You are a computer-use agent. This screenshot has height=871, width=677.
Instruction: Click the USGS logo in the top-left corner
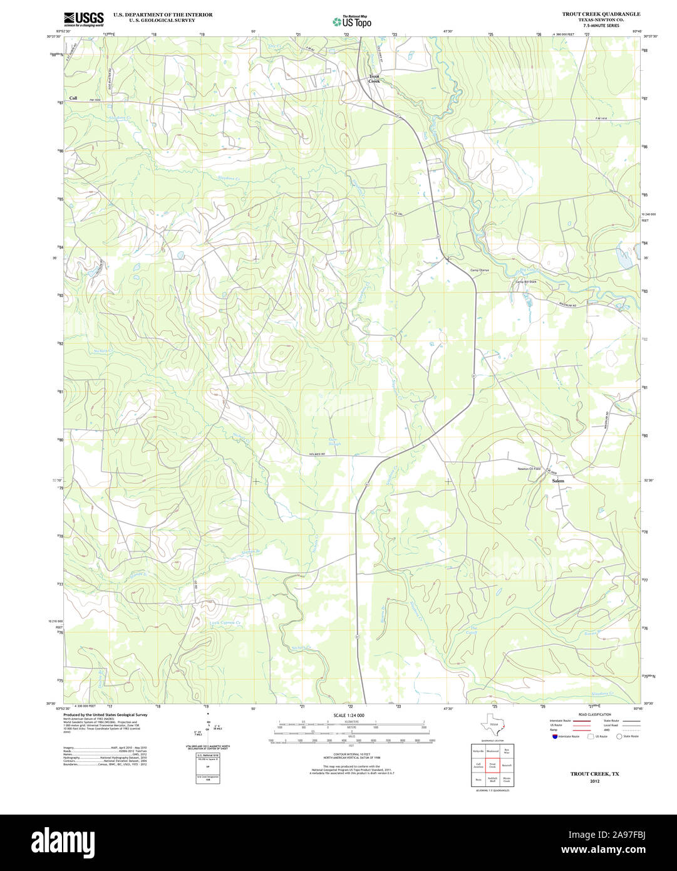pyautogui.click(x=84, y=19)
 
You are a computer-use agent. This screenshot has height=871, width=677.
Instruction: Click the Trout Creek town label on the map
pyautogui.click(x=374, y=79)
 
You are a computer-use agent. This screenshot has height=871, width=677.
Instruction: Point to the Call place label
pyautogui.click(x=73, y=98)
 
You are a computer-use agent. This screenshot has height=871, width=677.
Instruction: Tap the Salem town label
pyautogui.click(x=557, y=481)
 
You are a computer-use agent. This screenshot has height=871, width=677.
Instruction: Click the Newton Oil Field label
pyautogui.click(x=529, y=469)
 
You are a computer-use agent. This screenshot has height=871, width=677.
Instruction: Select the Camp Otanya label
pyautogui.click(x=479, y=270)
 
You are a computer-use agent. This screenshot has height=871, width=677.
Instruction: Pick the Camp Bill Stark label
pyautogui.click(x=525, y=281)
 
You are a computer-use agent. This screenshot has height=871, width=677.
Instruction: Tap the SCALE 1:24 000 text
pyautogui.click(x=349, y=715)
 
